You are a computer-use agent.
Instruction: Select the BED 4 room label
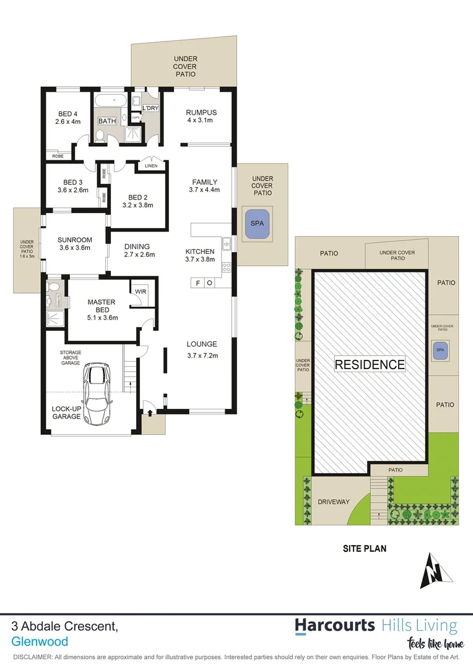[68, 114]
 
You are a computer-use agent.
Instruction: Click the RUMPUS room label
[201, 112]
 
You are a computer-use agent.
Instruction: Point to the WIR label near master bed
[140, 291]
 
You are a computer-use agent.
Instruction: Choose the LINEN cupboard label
[151, 165]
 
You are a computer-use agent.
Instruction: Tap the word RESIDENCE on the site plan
[370, 364]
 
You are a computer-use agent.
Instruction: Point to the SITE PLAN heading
[365, 548]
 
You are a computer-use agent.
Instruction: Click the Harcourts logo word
[334, 625]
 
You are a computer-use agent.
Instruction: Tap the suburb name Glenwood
[40, 642]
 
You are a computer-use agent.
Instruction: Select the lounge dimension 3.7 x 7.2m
[202, 356]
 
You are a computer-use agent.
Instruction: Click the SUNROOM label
[74, 240]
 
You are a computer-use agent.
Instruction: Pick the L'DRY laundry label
[150, 108]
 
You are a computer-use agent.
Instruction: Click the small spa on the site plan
[440, 350]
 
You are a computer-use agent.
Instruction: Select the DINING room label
[138, 246]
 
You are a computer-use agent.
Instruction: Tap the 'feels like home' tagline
[435, 644]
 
